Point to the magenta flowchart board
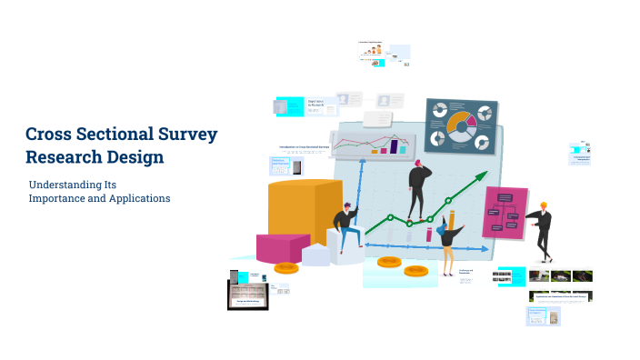pos(505,212)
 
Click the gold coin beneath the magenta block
pos(285,268)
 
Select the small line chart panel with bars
pos(370,143)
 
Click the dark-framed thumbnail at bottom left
pos(246,295)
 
